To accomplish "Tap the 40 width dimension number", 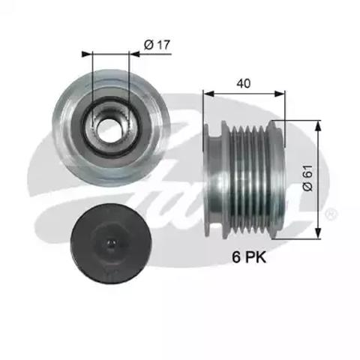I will tap(243, 85).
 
